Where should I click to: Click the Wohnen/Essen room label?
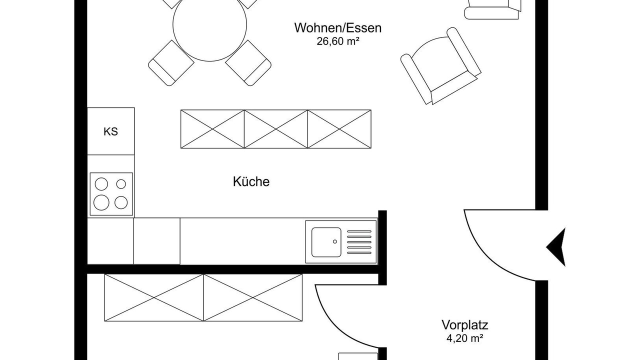[338, 28]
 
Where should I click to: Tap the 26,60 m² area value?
[337, 41]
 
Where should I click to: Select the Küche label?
[251, 181]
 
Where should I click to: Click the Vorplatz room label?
[465, 325]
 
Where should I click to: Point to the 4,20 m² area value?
[465, 338]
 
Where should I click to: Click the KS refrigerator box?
[110, 131]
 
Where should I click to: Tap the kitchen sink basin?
[326, 242]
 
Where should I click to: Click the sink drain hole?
[335, 241]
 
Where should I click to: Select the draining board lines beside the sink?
[359, 242]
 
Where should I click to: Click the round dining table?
[209, 24]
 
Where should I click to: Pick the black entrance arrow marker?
[556, 247]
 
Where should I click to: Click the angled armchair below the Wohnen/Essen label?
[441, 66]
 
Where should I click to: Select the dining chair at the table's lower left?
[171, 63]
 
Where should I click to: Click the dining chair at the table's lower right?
[248, 63]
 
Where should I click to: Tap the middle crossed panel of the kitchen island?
[276, 129]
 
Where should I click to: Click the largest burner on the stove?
[101, 202]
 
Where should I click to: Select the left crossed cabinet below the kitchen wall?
[154, 297]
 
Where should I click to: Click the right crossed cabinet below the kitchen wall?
[253, 297]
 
